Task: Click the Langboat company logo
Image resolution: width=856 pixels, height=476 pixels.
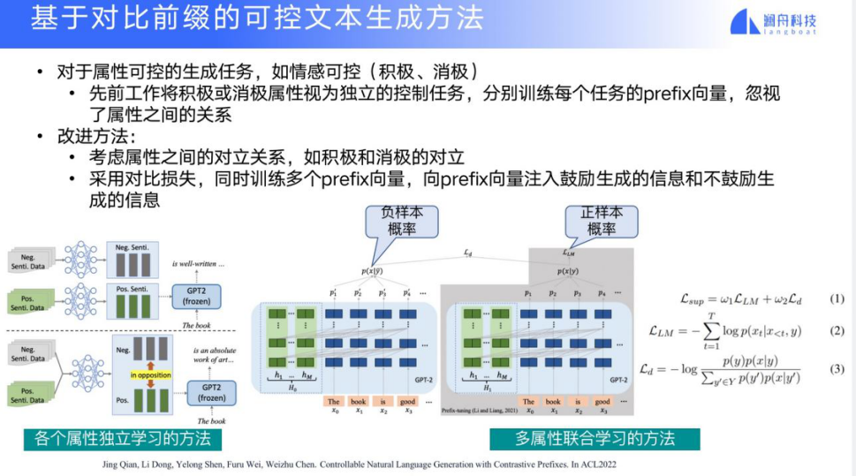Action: [778, 22]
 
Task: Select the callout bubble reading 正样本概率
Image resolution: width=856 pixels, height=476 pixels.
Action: [601, 220]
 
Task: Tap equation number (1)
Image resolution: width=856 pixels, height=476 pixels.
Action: [837, 298]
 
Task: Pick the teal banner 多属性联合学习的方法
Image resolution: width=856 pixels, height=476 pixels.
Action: [594, 439]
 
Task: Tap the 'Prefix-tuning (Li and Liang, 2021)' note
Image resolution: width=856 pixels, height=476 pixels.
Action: [478, 412]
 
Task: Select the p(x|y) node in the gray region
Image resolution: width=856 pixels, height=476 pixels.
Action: [568, 271]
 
